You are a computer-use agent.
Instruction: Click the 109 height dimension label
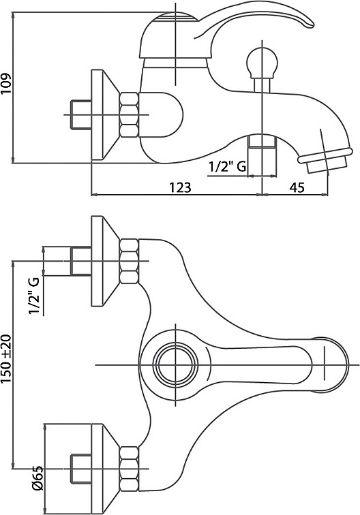coord(6,83)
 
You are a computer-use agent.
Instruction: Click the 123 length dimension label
coord(180,187)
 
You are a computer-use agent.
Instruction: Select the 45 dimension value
coord(297,187)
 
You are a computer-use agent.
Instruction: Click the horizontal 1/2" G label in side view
coord(227,167)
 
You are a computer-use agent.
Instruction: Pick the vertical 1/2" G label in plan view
coord(35,296)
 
